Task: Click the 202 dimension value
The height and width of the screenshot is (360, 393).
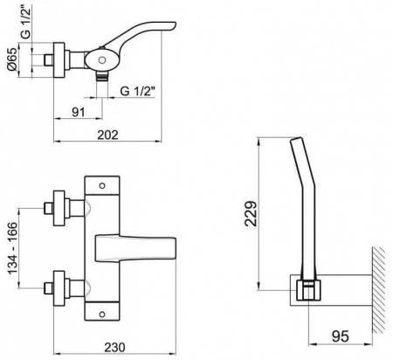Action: coord(107,135)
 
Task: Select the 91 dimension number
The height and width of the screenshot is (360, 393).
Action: coord(79,112)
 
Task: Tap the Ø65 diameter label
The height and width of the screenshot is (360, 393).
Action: coord(12,62)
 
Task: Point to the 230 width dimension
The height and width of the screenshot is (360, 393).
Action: coord(115,347)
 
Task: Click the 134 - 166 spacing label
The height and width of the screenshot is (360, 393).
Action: coord(13,248)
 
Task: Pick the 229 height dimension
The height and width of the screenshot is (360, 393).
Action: coord(251,213)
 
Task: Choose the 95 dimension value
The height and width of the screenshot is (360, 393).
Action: coord(341,336)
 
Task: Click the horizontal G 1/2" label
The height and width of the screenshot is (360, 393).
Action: coord(137,92)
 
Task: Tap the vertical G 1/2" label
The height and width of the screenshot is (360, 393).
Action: coord(25,23)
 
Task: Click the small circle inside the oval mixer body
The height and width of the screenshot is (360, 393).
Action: coord(102,60)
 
